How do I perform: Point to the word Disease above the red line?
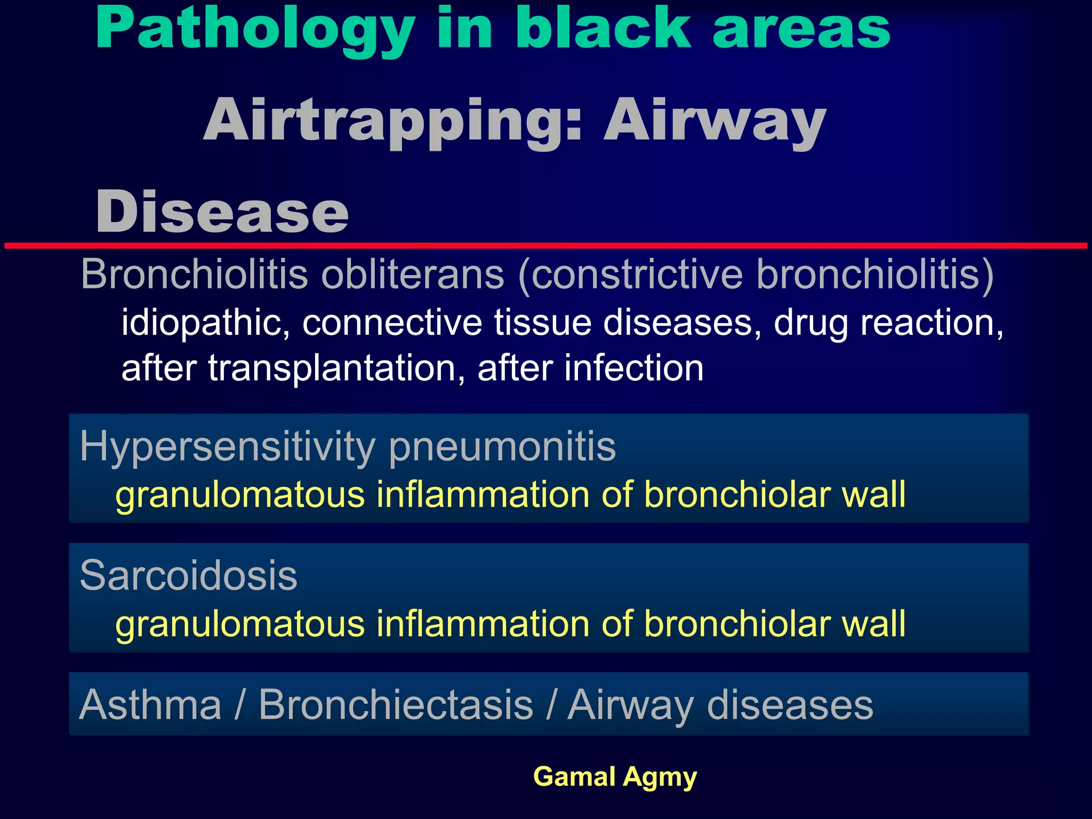[x=222, y=212]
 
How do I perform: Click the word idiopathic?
[x=206, y=323]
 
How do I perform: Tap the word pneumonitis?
[x=502, y=447]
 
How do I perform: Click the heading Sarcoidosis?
[x=188, y=576]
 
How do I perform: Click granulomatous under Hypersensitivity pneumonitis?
[x=240, y=495]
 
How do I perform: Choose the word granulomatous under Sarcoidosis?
[x=240, y=624]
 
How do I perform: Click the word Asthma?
[x=150, y=705]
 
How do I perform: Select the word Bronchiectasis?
[x=396, y=705]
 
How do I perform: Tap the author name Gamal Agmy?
[x=615, y=777]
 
